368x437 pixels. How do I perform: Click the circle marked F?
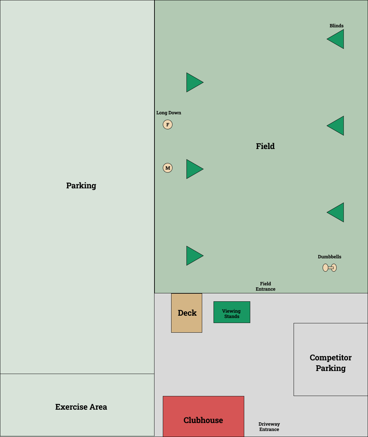point(167,125)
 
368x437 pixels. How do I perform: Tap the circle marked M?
point(167,168)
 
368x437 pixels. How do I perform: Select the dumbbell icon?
point(330,268)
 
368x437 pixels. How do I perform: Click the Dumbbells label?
point(329,257)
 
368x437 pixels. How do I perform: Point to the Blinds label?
point(336,26)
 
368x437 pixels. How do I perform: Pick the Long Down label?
point(169,113)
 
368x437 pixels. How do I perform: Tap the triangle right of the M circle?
point(194,169)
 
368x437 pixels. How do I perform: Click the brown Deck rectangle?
point(187,313)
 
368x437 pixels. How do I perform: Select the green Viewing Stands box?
point(232,312)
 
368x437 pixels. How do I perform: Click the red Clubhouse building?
point(203,416)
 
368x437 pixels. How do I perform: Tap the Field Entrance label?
point(266,286)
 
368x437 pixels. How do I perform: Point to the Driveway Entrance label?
point(269,427)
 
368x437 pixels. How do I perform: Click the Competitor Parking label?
point(331,363)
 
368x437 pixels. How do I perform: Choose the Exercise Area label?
point(81,407)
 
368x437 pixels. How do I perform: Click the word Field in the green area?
point(265,146)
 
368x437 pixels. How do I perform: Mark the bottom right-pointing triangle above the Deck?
point(194,256)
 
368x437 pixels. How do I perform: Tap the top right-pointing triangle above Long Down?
point(194,82)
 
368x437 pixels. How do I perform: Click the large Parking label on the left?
point(81,185)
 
